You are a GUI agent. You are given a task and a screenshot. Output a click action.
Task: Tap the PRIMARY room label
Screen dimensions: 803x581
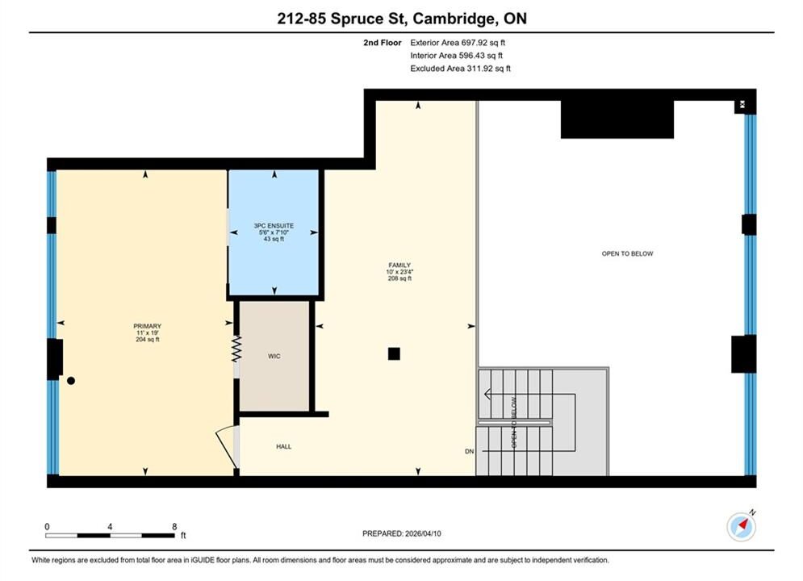[148, 326]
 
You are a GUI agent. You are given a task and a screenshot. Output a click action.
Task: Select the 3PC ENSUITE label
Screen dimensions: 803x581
[274, 226]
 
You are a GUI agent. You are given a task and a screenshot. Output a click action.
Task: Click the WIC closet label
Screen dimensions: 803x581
[274, 357]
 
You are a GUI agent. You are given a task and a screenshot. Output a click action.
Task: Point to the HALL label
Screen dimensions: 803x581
[284, 446]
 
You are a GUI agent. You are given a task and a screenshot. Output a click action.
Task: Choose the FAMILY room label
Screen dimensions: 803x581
[399, 265]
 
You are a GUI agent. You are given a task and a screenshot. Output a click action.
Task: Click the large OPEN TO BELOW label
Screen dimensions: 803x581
[627, 253]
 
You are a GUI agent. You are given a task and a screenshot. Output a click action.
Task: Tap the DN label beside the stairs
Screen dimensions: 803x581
[469, 452]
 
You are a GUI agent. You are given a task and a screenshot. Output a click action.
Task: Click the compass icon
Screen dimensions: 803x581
[741, 526]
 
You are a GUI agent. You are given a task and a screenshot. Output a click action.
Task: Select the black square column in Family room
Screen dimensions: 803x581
[394, 353]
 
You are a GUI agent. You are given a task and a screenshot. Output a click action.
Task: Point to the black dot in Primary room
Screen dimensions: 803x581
[71, 380]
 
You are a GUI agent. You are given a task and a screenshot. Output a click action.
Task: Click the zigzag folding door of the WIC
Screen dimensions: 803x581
[236, 349]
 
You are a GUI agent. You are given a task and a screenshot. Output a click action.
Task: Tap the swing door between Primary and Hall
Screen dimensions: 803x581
[227, 447]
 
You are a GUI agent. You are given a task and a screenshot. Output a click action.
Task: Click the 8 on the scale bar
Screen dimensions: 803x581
[174, 526]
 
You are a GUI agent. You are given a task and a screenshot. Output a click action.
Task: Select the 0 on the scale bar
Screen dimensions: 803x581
[47, 526]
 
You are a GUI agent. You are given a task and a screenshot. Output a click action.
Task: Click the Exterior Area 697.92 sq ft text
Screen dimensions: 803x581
[458, 43]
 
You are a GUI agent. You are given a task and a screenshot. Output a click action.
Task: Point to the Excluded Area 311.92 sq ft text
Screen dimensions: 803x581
[460, 69]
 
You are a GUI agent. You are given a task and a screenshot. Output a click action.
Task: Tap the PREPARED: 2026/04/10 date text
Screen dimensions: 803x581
[402, 533]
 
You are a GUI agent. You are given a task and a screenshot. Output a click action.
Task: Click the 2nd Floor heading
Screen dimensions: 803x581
[383, 43]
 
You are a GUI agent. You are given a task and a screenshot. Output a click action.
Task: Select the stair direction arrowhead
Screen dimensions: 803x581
[487, 394]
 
